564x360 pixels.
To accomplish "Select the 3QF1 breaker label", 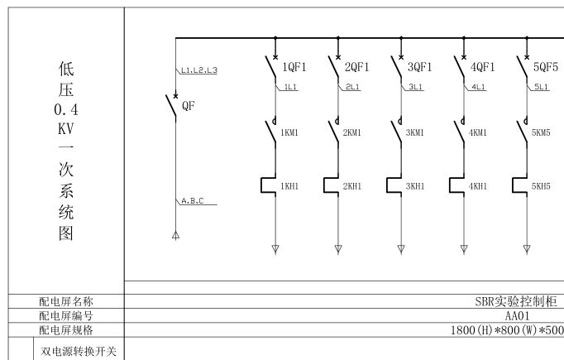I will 421,67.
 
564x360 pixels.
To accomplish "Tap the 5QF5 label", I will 547,67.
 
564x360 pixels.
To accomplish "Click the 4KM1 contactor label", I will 478,132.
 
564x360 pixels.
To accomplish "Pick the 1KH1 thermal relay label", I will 289,186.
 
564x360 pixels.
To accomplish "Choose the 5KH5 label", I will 541,186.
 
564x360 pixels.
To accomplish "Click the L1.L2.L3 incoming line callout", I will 198,71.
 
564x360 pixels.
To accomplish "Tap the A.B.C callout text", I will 193,200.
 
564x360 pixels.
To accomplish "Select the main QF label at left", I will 189,106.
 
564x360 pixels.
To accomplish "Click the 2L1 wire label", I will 352,87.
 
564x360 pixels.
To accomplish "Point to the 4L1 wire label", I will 478,87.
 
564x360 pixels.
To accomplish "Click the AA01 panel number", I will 517,315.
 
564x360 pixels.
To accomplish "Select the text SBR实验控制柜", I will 514,302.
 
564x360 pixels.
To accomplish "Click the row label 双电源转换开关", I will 79,352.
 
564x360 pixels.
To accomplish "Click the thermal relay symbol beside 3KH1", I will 395,185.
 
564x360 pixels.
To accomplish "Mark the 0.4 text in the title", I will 66,109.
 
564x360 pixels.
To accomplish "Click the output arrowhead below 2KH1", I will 338,248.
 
